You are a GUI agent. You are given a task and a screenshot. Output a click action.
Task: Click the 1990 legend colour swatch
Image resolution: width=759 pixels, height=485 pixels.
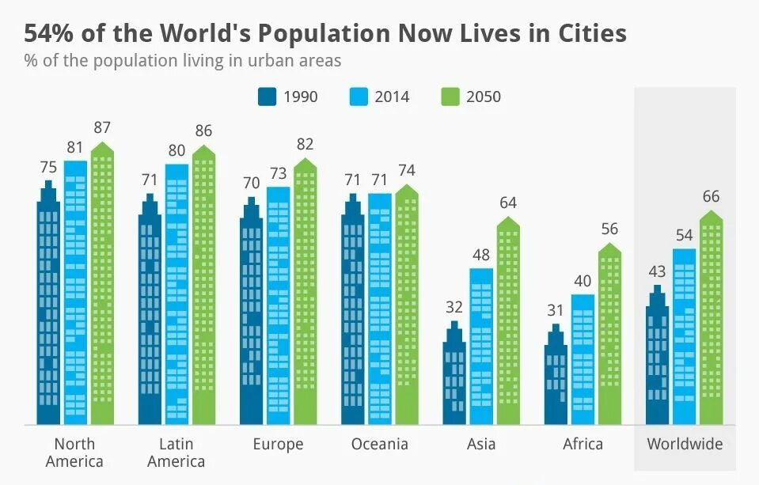(x=268, y=97)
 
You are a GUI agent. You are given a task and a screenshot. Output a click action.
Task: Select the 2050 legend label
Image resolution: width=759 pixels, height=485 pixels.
(x=483, y=97)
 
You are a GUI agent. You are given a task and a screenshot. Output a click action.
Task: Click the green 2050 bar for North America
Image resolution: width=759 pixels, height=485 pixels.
(x=103, y=285)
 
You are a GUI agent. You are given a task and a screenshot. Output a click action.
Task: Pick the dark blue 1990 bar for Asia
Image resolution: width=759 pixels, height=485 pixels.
(x=454, y=376)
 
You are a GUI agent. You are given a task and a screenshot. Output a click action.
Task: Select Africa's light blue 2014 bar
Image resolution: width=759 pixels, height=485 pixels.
(x=583, y=360)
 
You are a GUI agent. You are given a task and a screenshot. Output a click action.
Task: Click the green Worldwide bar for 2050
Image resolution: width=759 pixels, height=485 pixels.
(x=712, y=320)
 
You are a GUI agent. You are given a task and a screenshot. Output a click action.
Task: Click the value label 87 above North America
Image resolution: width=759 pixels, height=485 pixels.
(x=102, y=127)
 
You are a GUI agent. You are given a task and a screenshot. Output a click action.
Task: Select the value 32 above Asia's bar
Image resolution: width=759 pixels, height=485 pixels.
(x=454, y=307)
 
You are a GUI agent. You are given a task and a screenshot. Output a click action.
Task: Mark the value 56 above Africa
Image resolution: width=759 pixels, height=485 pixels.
(x=609, y=229)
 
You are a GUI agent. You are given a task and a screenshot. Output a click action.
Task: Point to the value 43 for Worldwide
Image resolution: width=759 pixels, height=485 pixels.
(x=658, y=271)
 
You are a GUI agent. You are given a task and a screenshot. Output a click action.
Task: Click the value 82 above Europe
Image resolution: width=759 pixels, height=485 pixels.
(x=305, y=144)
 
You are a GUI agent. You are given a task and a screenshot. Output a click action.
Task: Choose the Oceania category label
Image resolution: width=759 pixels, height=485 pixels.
(x=380, y=444)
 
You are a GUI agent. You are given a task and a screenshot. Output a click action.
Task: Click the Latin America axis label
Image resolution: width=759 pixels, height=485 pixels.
(x=176, y=452)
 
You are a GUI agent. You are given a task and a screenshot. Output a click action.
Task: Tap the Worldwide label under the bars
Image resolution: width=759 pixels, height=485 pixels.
(x=685, y=444)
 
